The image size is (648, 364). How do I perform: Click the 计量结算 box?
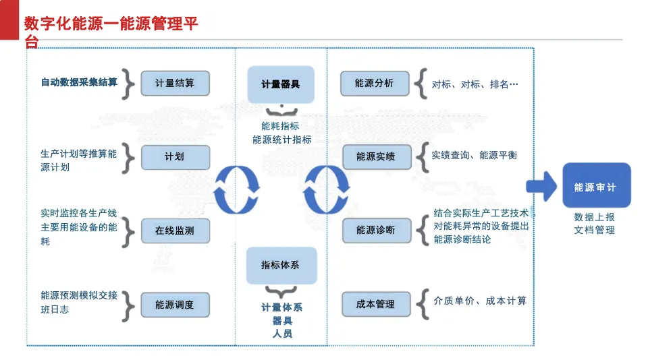(x=175, y=84)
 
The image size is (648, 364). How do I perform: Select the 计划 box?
(x=175, y=157)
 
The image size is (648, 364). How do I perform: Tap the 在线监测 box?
(x=175, y=231)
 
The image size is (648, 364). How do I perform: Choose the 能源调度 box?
(x=175, y=305)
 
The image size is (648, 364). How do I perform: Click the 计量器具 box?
(x=281, y=85)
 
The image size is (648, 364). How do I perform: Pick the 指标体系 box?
(x=281, y=266)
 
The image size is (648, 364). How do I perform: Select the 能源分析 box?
(x=375, y=84)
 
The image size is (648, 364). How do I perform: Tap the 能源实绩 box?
(x=377, y=157)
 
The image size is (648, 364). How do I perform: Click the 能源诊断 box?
(x=377, y=231)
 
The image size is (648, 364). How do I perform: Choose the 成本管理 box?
(x=377, y=304)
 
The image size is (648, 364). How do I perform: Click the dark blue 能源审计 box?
(x=597, y=185)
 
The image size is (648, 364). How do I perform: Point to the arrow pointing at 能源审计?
(x=541, y=187)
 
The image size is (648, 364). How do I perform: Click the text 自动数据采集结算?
(x=79, y=82)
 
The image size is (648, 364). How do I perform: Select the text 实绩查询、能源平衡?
(x=475, y=155)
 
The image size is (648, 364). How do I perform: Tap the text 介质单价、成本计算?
(x=480, y=301)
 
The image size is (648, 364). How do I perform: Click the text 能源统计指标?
(x=282, y=140)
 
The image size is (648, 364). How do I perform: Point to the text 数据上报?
(x=594, y=217)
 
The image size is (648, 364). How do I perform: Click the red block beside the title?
(x=9, y=20)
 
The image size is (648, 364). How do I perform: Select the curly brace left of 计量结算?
(x=128, y=84)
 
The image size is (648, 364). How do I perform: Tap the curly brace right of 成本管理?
(x=423, y=304)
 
